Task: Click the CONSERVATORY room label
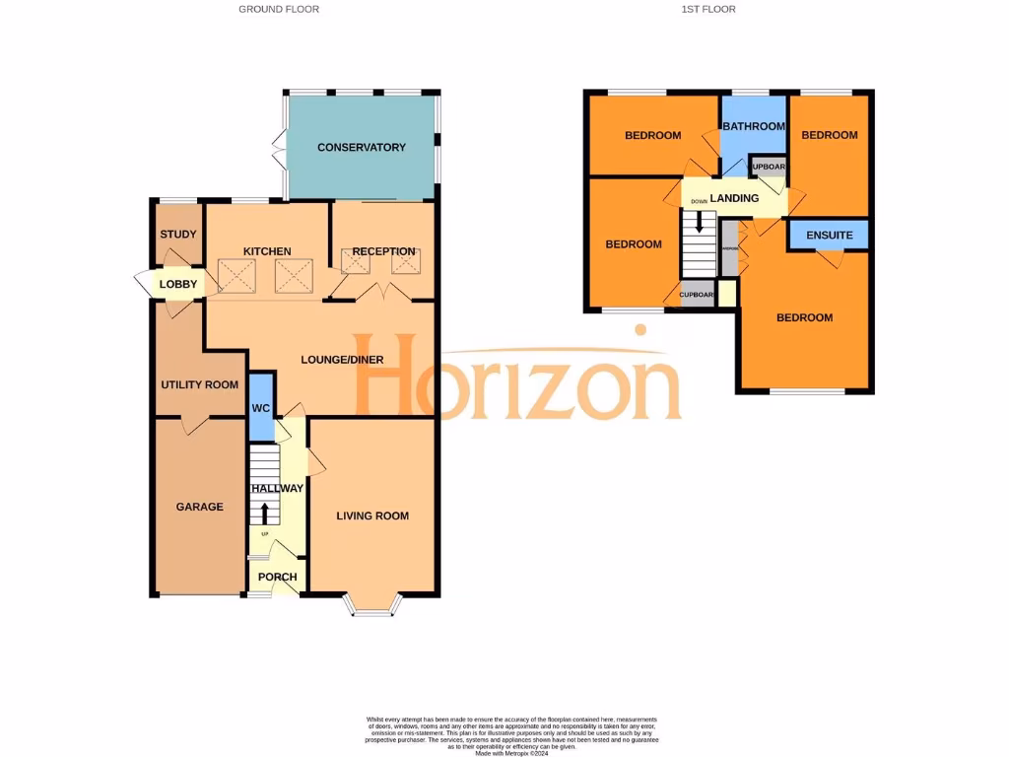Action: click(361, 148)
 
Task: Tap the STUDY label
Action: click(178, 235)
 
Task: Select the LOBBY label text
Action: click(178, 285)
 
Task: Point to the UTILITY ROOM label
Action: click(200, 384)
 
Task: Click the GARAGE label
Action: click(200, 507)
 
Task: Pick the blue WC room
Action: click(260, 407)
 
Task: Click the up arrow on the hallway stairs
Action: click(263, 513)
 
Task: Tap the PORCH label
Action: click(277, 578)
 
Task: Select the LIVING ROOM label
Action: click(372, 516)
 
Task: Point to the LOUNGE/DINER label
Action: click(342, 360)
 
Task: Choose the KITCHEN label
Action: click(267, 251)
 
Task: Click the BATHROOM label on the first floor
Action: click(754, 126)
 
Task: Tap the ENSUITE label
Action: click(829, 236)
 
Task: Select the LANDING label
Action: click(734, 198)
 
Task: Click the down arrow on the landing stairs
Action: click(700, 224)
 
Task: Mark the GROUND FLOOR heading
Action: click(279, 9)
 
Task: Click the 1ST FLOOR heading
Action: click(707, 9)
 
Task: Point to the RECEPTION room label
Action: click(384, 251)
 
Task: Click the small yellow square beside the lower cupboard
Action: click(727, 294)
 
